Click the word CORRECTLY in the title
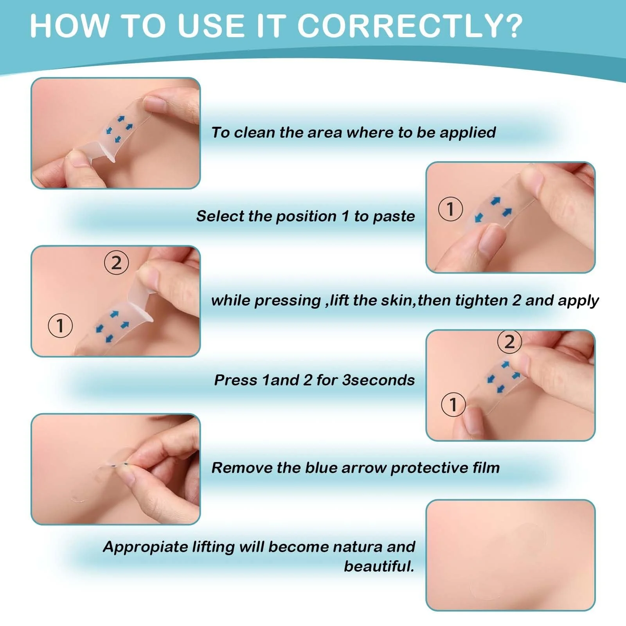coord(398,26)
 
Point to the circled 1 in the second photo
coord(450,209)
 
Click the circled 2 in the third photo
coord(116,263)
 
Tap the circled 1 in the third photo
coord(60,326)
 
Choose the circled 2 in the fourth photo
coord(509,342)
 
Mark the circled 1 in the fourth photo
coord(453,405)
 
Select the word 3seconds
coord(378,380)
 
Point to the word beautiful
coord(379,566)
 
